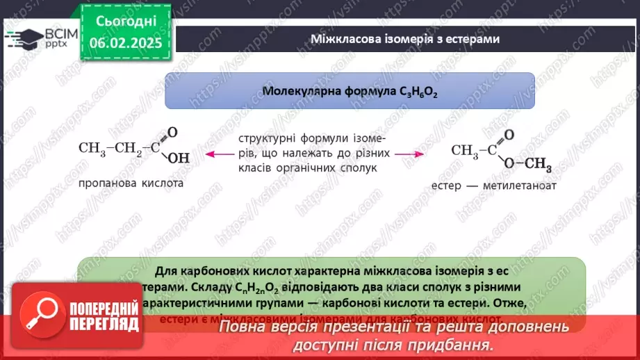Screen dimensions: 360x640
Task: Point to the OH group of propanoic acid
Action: coord(178,158)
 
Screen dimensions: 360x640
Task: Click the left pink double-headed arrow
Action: coord(215,154)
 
